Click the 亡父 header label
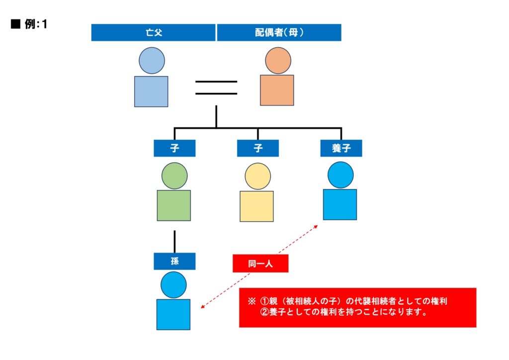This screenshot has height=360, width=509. (153, 33)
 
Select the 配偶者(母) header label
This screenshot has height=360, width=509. (279, 33)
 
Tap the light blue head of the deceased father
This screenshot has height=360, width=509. (152, 61)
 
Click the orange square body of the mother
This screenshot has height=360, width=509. (277, 90)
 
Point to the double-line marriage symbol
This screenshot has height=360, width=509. (216, 87)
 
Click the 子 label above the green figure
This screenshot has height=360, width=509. (174, 148)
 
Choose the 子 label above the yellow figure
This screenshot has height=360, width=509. (257, 148)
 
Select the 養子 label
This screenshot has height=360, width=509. (341, 148)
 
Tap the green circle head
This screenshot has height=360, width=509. (174, 176)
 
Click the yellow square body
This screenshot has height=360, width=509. (256, 206)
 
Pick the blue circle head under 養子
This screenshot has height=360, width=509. (340, 175)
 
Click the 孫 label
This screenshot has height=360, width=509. (174, 261)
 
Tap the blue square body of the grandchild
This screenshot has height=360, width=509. (173, 314)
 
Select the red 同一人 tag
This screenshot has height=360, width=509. (260, 264)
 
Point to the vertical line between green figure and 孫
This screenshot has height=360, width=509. (174, 241)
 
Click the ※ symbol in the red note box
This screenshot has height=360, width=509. (251, 302)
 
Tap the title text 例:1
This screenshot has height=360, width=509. (36, 24)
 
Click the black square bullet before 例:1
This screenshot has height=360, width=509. (14, 24)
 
